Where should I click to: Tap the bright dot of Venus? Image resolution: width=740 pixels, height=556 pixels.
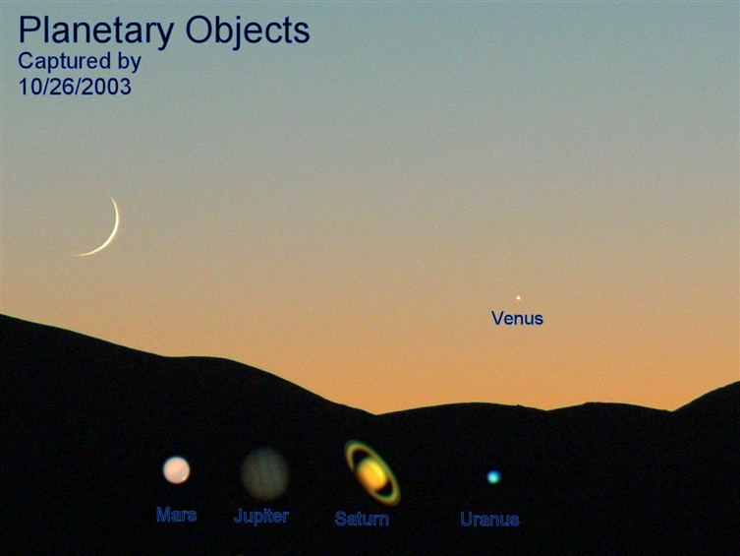click(x=518, y=298)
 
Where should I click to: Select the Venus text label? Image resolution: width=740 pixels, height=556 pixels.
click(x=517, y=319)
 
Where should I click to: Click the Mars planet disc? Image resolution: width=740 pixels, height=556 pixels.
click(x=177, y=470)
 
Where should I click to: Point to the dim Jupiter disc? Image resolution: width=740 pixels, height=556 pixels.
click(x=264, y=473)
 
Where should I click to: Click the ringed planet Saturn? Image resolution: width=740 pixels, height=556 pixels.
click(x=372, y=473)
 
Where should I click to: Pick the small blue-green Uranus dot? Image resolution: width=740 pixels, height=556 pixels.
click(x=493, y=476)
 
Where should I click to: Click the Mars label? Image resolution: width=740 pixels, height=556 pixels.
click(x=177, y=515)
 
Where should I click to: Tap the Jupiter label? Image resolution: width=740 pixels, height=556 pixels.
click(x=261, y=517)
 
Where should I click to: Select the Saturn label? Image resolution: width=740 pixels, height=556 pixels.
click(x=362, y=519)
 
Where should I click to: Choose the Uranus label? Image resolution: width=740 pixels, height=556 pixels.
click(x=489, y=520)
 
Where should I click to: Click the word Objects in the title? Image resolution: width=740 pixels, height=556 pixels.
click(x=248, y=31)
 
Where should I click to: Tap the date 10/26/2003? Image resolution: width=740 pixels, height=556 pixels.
click(x=75, y=87)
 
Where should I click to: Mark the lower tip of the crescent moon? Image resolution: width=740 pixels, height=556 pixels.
click(x=76, y=256)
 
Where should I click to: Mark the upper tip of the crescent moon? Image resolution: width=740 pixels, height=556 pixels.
click(x=108, y=193)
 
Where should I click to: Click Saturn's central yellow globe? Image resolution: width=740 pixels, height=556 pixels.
click(x=372, y=473)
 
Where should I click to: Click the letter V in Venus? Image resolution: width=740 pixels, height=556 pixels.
click(x=497, y=318)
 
